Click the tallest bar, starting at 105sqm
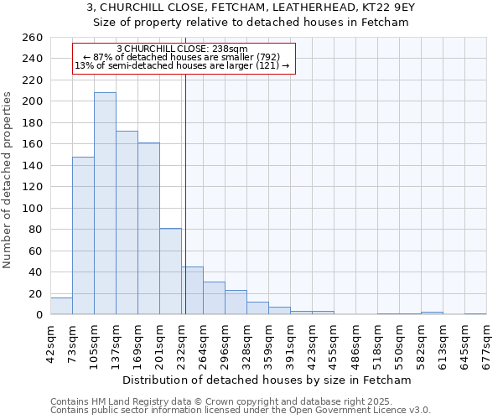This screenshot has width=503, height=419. click(x=105, y=204)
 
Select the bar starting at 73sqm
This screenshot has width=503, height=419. click(x=83, y=235)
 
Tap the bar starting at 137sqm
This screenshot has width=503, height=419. click(x=127, y=223)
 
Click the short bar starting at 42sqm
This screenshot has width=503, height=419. click(x=61, y=307)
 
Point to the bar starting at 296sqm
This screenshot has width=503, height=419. click(x=236, y=303)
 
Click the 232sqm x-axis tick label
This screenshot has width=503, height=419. click(x=182, y=342)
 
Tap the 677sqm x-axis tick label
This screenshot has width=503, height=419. click(x=487, y=342)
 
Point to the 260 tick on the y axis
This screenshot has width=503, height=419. click(x=33, y=38)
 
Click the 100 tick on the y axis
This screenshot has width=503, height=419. click(x=33, y=208)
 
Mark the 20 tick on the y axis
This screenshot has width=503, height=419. click(x=36, y=293)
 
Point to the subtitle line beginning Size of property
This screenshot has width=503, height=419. click(x=251, y=23)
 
